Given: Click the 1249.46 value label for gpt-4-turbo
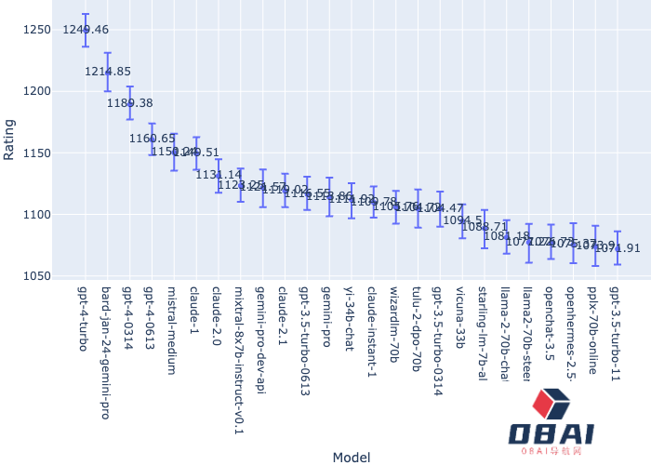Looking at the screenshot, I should (x=86, y=30).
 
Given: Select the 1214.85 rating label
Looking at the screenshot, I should (x=108, y=72).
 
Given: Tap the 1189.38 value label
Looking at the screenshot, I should (x=130, y=103).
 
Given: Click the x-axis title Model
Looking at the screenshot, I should (x=352, y=457).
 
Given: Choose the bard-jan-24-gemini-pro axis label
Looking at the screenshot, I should (x=107, y=352).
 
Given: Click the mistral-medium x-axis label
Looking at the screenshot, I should (x=173, y=330).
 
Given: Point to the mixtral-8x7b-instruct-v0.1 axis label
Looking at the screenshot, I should (x=240, y=361).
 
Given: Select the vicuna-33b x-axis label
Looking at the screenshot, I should (x=461, y=317).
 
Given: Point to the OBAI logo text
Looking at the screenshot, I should (x=551, y=433).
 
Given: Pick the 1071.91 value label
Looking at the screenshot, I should (x=618, y=248).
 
